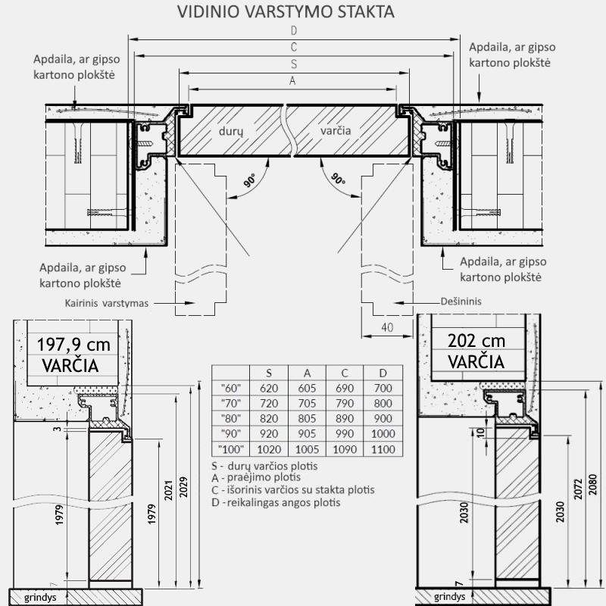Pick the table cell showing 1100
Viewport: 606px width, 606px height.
pos(383,449)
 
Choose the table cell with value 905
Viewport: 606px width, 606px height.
pos(308,433)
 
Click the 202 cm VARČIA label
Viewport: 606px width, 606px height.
pos(476,350)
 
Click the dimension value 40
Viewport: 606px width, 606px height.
pos(388,327)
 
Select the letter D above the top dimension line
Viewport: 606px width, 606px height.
pos(294,31)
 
